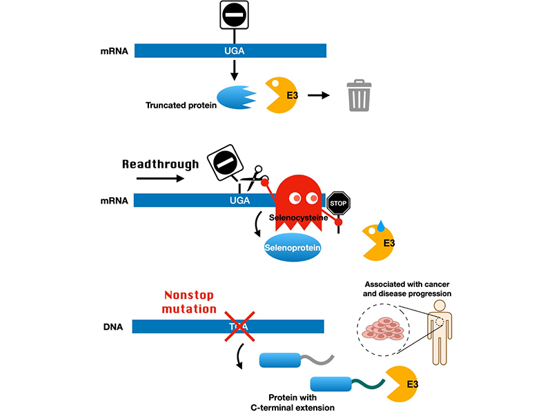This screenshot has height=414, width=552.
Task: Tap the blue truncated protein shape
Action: [x=237, y=96]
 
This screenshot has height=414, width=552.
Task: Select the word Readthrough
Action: [x=161, y=164]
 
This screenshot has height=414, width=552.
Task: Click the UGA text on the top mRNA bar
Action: [x=231, y=50]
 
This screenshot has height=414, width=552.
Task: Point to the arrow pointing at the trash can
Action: [x=318, y=95]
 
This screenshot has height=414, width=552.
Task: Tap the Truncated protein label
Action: [x=181, y=106]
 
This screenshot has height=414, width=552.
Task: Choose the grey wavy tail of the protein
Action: [x=319, y=359]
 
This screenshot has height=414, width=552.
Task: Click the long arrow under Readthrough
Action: [x=161, y=178]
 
